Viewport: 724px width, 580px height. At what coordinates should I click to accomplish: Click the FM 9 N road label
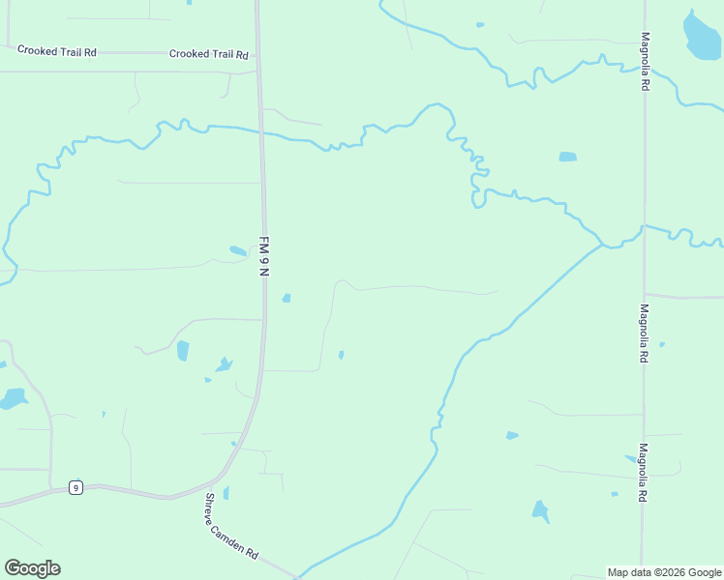[262, 256]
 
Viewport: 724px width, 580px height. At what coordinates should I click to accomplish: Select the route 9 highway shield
[75, 487]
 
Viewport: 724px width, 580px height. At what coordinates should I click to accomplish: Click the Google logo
[32, 568]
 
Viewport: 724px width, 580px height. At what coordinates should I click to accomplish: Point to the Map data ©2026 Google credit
[664, 572]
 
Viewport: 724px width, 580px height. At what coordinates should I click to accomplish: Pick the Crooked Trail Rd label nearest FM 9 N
[208, 54]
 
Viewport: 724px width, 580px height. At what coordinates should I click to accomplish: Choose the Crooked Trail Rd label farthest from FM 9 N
[58, 51]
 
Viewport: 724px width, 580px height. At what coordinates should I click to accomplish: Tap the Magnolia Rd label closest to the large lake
[645, 62]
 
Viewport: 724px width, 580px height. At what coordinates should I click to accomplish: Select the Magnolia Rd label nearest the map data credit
[643, 473]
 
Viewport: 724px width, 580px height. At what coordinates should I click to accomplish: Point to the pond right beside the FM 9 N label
[238, 251]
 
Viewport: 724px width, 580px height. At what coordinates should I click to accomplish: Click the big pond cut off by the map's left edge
[13, 398]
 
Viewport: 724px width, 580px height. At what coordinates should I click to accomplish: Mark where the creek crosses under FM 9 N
[261, 132]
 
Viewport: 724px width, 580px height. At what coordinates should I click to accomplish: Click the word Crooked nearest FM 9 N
[189, 54]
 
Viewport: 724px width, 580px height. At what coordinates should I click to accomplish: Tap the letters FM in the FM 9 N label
[262, 242]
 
